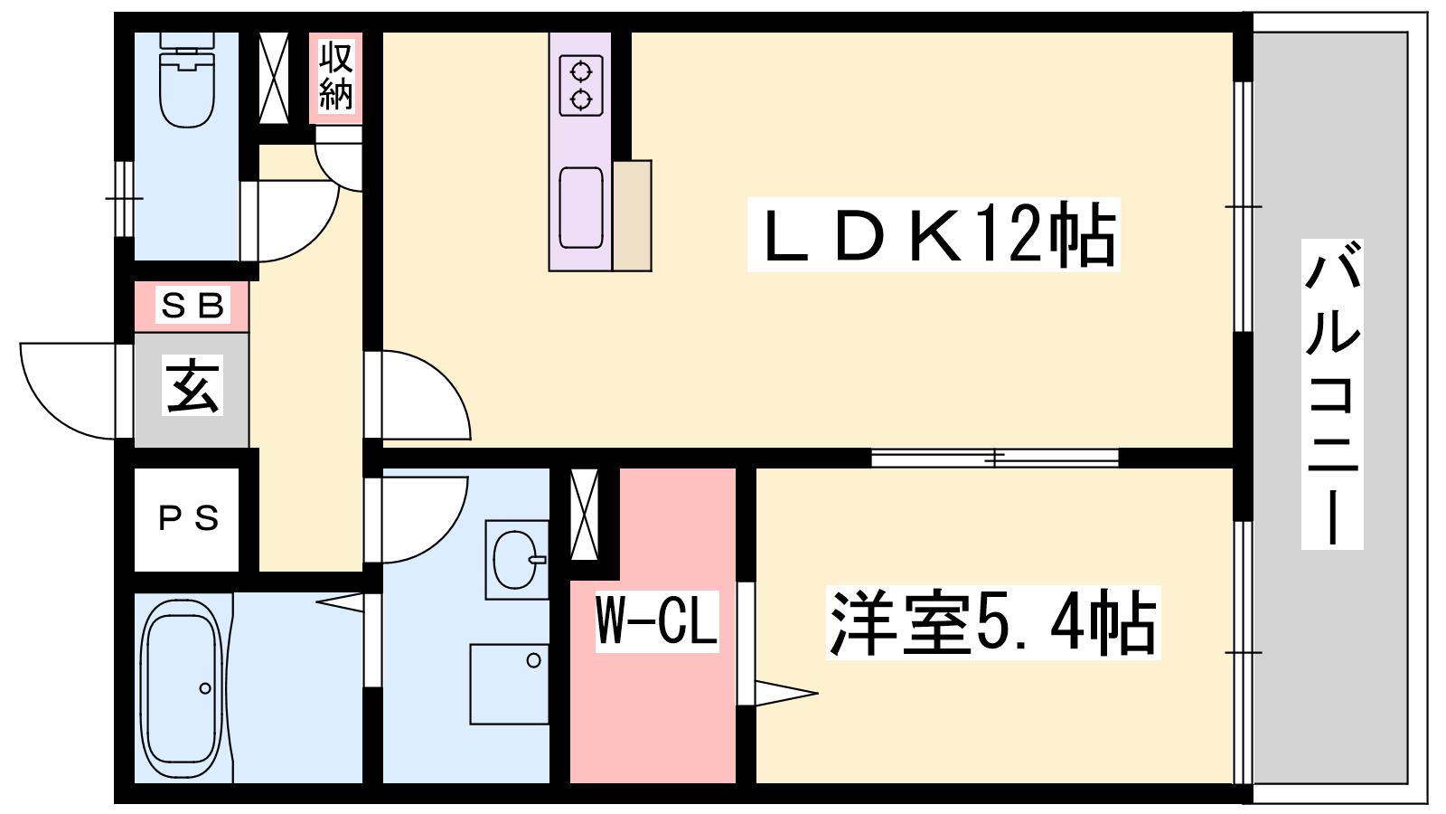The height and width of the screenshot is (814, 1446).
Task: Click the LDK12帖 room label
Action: [x=934, y=235]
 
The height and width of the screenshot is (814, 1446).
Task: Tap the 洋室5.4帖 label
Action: [x=993, y=623]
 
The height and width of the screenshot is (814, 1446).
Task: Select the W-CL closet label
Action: [x=656, y=620]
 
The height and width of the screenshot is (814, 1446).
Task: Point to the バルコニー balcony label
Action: [x=1332, y=394]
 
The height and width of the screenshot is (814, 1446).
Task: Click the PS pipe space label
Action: [x=188, y=519]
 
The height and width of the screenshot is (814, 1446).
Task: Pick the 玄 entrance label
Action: [x=192, y=385]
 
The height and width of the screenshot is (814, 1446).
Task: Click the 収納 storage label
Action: [x=335, y=75]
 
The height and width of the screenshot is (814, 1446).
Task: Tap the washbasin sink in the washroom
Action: [x=516, y=560]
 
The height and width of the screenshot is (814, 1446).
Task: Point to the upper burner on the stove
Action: [x=581, y=71]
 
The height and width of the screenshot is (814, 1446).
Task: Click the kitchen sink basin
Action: [x=581, y=207]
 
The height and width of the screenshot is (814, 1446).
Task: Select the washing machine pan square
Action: [x=510, y=684]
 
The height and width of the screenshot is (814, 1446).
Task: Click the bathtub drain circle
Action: [x=205, y=688]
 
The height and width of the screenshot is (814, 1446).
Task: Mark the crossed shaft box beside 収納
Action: [x=274, y=78]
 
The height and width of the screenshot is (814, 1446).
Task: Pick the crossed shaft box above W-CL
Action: [x=584, y=515]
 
